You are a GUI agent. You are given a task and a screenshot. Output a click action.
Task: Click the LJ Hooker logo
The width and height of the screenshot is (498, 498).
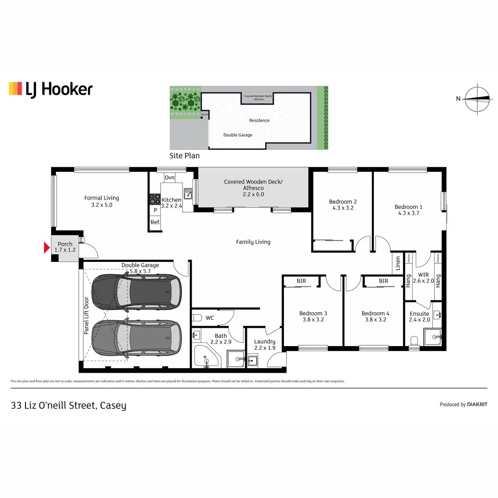pos(51,89)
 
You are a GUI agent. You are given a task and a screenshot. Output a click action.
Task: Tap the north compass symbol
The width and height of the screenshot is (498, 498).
pos(477,99)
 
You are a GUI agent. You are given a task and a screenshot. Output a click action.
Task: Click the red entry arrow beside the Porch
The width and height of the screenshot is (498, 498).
pos(46,248)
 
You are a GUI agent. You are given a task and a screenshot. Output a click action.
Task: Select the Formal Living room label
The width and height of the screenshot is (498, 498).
pos(102,201)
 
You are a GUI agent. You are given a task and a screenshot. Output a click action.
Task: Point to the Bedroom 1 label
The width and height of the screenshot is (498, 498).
pos(408,210)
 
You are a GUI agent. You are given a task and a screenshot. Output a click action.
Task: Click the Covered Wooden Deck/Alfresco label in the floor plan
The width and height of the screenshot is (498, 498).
pos(253,188)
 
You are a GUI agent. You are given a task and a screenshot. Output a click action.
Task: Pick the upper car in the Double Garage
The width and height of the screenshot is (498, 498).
pos(137,291)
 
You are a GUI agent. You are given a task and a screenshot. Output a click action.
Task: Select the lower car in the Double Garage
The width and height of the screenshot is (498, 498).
pos(137,338)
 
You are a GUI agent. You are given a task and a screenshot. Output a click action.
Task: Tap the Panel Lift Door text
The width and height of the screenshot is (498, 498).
pos(86,315)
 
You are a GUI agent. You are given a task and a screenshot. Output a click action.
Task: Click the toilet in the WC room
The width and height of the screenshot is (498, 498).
pos(197,318)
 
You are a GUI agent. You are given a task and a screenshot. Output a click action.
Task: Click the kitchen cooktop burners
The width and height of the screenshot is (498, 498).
pos(155,199)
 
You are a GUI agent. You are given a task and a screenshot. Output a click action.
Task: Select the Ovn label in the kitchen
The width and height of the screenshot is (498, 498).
pos(170,178)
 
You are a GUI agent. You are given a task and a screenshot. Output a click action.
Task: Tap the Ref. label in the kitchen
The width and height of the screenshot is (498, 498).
pos(155,222)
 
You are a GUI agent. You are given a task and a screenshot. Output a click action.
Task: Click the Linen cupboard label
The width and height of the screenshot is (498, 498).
pos(398,263)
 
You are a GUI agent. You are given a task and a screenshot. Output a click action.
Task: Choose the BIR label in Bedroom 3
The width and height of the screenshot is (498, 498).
pos(301,281)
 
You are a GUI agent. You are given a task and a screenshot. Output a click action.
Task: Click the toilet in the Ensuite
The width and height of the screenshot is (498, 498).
pos(414,341)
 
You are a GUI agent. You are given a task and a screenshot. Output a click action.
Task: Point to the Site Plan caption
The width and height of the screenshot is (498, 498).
pos(184,156)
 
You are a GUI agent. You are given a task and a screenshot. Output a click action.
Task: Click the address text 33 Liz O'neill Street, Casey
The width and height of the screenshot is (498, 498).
pos(68,405)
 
